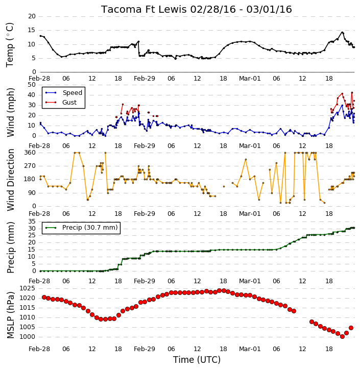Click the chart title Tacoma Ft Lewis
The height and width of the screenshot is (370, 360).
pyautogui.click(x=144, y=9)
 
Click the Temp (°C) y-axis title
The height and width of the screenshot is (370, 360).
pyautogui.click(x=10, y=45)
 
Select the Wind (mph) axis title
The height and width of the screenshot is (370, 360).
pyautogui.click(x=10, y=112)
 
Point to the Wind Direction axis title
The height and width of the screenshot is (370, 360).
pyautogui.click(x=10, y=180)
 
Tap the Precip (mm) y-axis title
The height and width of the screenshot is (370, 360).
pyautogui.click(x=10, y=248)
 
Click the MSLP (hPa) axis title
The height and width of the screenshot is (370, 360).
pyautogui.click(x=10, y=315)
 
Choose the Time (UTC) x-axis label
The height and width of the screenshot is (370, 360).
pyautogui.click(x=197, y=360)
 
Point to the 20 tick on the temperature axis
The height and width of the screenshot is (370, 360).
pyautogui.click(x=32, y=16)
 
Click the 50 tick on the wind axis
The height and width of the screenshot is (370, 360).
pyautogui.click(x=32, y=85)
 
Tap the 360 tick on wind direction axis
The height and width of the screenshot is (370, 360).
pyautogui.click(x=30, y=153)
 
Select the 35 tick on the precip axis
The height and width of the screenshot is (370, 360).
pyautogui.click(x=32, y=221)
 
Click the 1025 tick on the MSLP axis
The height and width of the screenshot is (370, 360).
pyautogui.click(x=28, y=288)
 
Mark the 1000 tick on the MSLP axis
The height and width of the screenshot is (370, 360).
pyautogui.click(x=28, y=337)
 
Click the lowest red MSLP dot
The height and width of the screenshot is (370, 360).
pyautogui.click(x=342, y=337)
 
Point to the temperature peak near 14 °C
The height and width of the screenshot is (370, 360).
pyautogui.click(x=342, y=32)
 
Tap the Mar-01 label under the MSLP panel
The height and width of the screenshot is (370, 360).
pyautogui.click(x=250, y=349)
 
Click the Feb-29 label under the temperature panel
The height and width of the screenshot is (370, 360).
pyautogui.click(x=145, y=79)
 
